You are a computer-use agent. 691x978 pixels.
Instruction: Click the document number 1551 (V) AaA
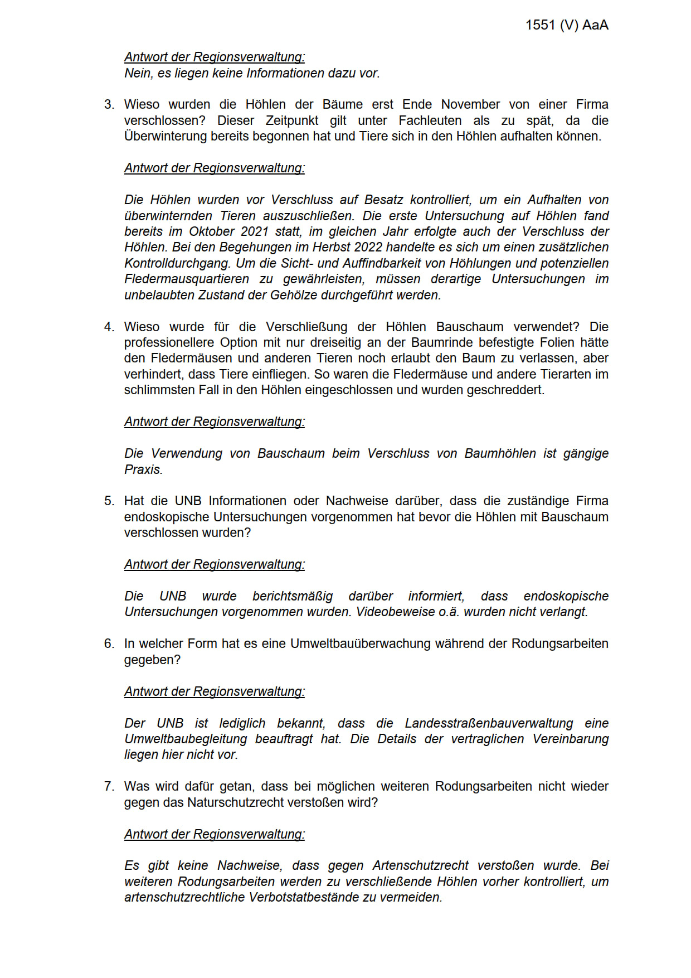[x=567, y=25]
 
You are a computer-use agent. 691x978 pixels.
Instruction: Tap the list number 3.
[x=109, y=104]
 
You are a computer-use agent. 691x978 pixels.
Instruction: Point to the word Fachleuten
[x=430, y=120]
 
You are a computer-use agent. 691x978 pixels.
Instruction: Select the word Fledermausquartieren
[x=187, y=279]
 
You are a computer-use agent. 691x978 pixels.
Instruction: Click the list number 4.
[x=109, y=327]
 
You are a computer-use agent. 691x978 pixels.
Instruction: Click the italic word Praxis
[x=143, y=469]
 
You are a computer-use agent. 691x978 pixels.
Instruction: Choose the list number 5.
[x=109, y=501]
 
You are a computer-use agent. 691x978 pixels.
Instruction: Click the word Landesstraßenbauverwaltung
[x=489, y=723]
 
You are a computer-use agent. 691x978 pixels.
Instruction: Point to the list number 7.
[x=109, y=786]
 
